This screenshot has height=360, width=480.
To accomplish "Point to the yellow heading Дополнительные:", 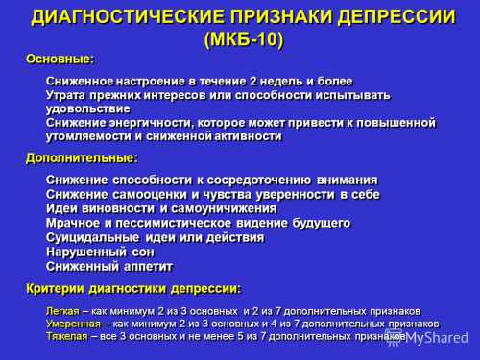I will coord(82,157).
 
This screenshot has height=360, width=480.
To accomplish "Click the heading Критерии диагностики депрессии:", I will coord(134,288).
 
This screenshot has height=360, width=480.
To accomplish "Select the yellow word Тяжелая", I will coord(67,337).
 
